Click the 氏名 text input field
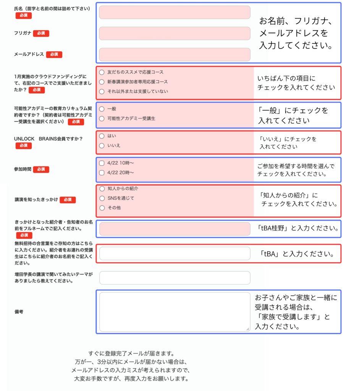(x=175, y=12)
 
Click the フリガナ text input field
(x=175, y=33)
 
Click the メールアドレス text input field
(x=175, y=54)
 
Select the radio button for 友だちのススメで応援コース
(x=102, y=72)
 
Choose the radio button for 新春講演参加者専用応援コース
(x=102, y=82)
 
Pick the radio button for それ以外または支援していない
(x=102, y=91)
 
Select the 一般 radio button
(x=102, y=109)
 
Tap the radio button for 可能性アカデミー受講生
(x=102, y=118)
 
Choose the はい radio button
(x=102, y=136)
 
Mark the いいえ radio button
(x=102, y=145)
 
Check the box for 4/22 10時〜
(x=102, y=163)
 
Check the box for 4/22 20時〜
(x=102, y=173)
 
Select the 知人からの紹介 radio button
(x=102, y=189)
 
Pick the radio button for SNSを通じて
(x=102, y=198)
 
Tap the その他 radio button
(x=102, y=208)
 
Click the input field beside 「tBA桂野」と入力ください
(x=175, y=229)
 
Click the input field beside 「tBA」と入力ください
(x=175, y=253)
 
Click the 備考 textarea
(x=175, y=312)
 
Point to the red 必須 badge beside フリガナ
(x=41, y=33)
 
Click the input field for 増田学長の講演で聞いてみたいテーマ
(x=175, y=278)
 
